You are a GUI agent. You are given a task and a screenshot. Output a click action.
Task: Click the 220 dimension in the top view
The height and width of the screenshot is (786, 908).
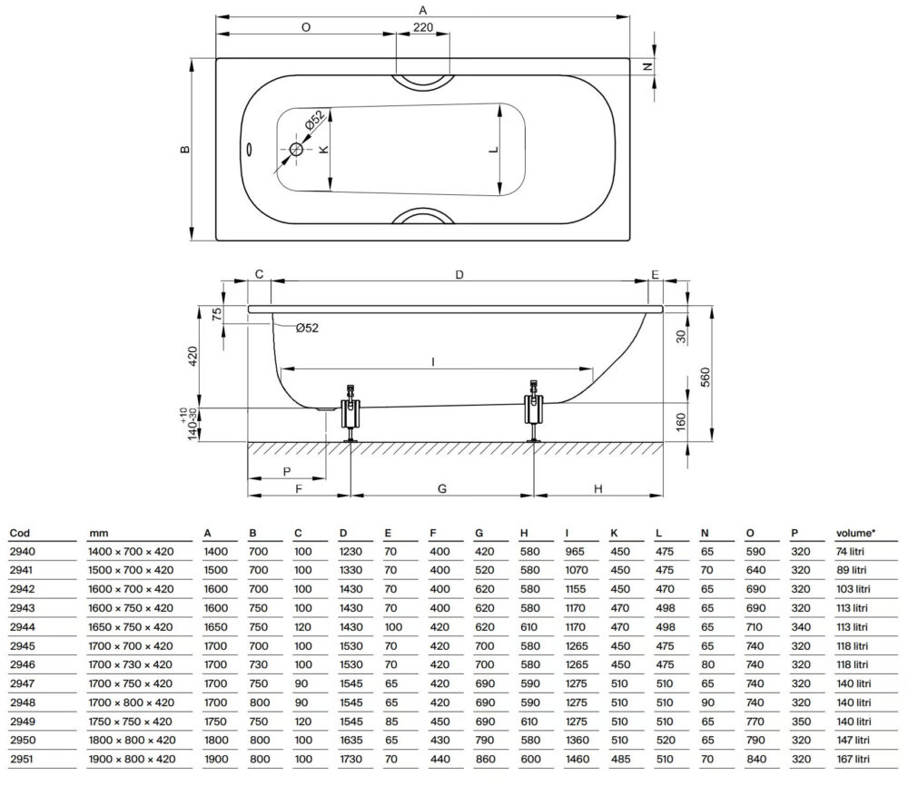point(422,28)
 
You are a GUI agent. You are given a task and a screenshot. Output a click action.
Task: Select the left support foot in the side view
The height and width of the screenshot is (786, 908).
point(350,413)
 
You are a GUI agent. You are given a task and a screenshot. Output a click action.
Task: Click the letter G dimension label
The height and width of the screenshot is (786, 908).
point(441,488)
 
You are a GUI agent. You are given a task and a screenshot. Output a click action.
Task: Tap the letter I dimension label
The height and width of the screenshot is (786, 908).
point(434,362)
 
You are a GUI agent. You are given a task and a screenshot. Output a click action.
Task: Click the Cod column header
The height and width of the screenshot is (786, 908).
point(19,534)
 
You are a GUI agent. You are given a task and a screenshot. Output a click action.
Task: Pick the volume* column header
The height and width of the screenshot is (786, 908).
point(855,534)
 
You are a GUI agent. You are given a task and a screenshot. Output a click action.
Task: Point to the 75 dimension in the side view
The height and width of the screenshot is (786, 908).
point(215,315)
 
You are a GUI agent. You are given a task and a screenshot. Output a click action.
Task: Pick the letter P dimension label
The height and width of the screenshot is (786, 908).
point(286,471)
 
